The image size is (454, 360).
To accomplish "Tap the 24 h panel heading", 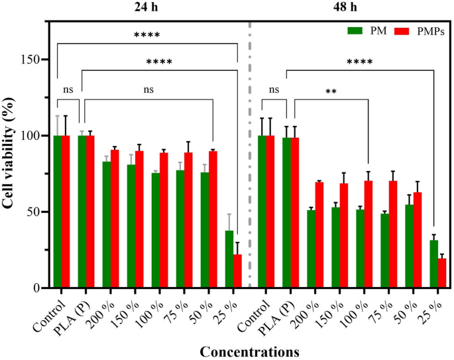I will (147, 7).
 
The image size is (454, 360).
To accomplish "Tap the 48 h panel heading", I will (351, 7).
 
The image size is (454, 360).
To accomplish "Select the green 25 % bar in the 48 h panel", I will (433, 264).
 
